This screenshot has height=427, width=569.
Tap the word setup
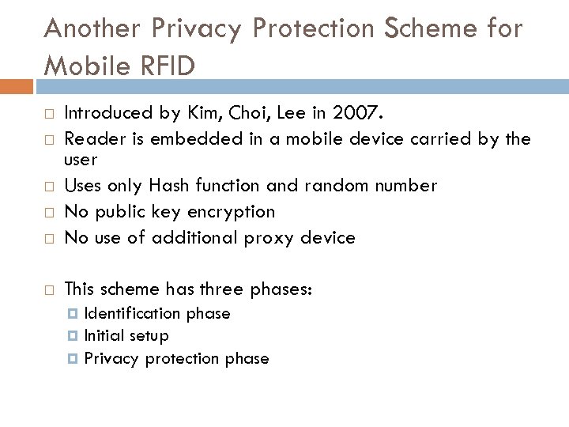click(x=148, y=336)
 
